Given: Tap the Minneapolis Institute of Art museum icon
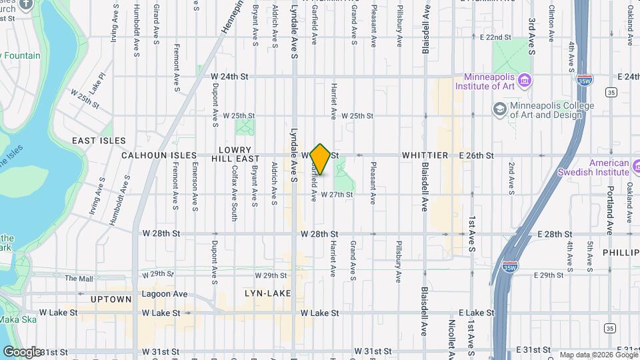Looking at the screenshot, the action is [525, 81].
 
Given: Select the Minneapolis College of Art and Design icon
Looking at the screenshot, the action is [499, 109].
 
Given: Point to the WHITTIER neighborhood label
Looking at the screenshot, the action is [425, 155].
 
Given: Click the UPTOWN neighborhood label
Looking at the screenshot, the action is [111, 299].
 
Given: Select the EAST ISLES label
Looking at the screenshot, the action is [99, 141].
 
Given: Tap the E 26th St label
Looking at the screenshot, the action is [476, 155].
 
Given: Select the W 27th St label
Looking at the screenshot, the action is [336, 195].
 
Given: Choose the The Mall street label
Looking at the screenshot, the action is [79, 278].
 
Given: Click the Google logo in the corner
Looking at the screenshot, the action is [21, 351].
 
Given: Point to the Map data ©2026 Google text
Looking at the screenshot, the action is [598, 355].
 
